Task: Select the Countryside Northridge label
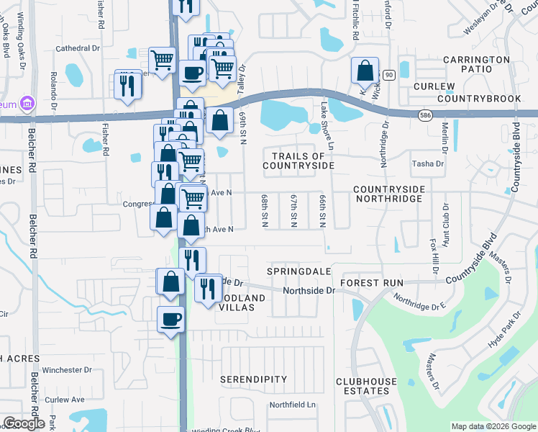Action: click(x=399, y=194)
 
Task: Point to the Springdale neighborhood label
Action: click(x=298, y=271)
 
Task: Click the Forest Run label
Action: click(x=372, y=283)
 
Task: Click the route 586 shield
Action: click(x=426, y=114)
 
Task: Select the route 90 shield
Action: click(x=388, y=75)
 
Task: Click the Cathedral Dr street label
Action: click(x=77, y=48)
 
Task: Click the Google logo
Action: click(x=23, y=423)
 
